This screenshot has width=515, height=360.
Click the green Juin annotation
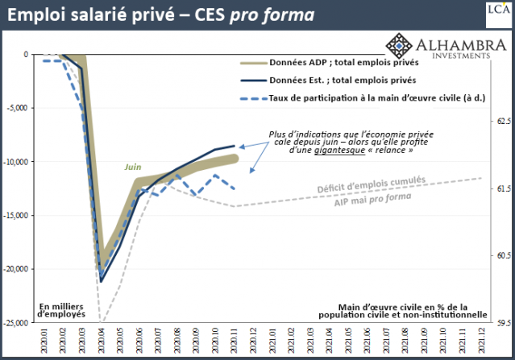[133, 168]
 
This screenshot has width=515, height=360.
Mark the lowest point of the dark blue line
[102, 281]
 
